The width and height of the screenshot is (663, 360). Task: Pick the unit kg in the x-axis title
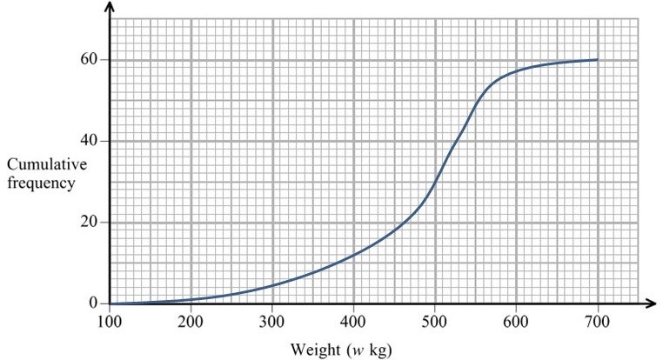point(376,350)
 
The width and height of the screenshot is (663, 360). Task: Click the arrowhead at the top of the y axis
point(110,8)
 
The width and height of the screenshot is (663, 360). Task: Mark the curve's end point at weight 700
point(598,59)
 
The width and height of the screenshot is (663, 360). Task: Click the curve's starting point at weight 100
point(110,303)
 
